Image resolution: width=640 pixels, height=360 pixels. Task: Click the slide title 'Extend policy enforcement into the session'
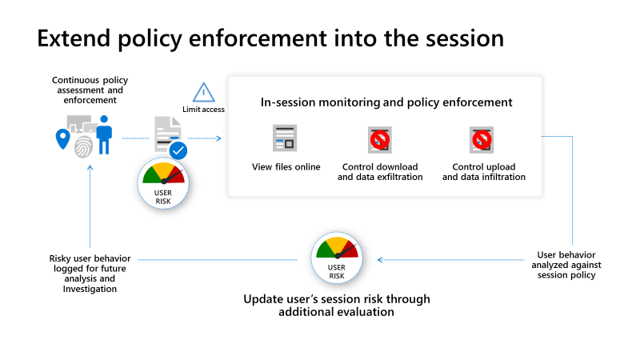tap(270, 39)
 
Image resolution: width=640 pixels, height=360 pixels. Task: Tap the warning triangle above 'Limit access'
tap(204, 93)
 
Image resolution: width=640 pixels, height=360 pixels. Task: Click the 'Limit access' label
tap(204, 110)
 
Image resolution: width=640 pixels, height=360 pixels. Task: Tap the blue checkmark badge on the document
tap(178, 150)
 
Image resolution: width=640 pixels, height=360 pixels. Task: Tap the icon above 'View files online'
tap(285, 139)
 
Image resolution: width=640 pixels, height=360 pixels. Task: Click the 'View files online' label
tap(286, 166)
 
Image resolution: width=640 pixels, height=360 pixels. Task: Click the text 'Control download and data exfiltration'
tap(380, 171)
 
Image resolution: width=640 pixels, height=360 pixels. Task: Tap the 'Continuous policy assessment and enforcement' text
tap(90, 90)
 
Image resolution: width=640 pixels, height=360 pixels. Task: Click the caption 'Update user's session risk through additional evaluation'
tap(337, 306)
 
